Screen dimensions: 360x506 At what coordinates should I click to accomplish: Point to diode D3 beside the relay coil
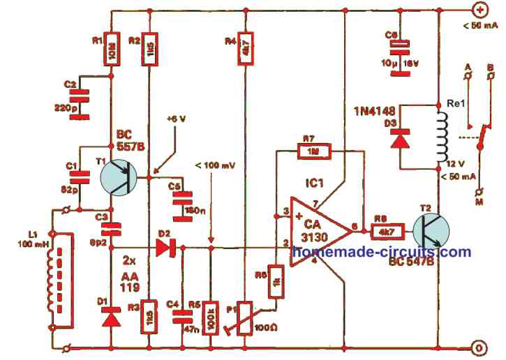tap(400, 137)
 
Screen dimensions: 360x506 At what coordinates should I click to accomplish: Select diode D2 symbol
tap(165, 247)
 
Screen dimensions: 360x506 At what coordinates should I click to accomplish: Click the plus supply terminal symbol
tap(480, 10)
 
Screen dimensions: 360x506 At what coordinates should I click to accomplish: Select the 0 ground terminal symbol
tap(479, 347)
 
